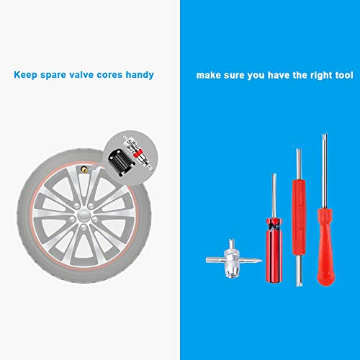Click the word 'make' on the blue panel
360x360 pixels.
208,74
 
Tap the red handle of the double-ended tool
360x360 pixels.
297,216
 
